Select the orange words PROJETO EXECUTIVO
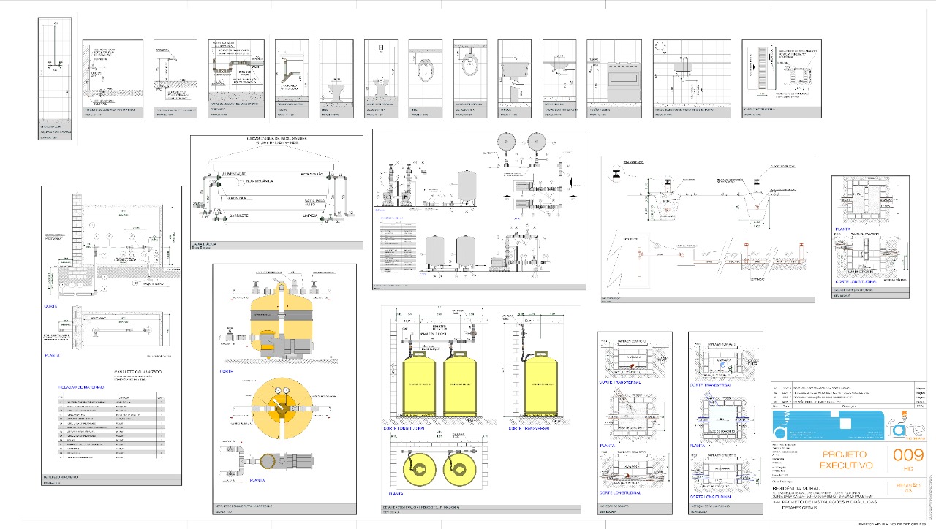[846, 460]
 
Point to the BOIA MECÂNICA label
[263, 180]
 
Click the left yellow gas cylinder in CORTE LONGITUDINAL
[419, 383]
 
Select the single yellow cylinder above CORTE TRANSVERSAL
[540, 383]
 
